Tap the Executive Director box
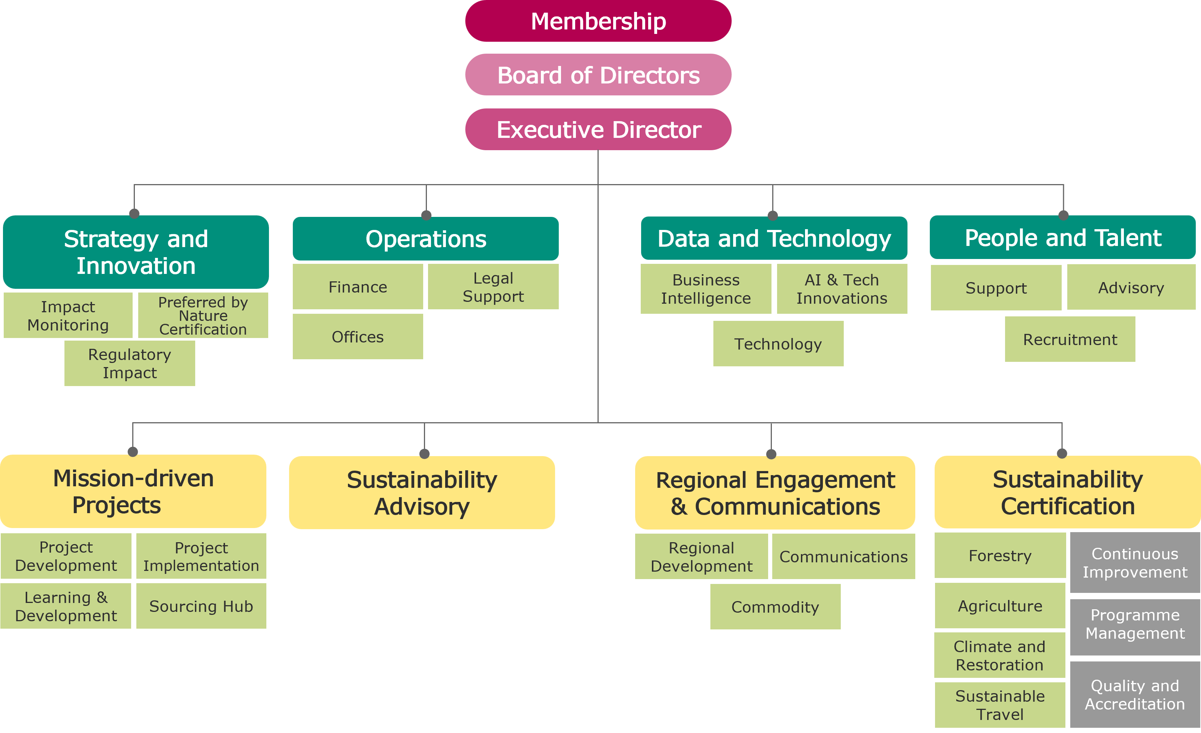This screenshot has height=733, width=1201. pos(598,129)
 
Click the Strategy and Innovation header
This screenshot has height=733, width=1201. pos(136,252)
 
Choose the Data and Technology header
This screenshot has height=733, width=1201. pos(774,238)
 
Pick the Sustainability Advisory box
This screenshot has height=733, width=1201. pos(422,493)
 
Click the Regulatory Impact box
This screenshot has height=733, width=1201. pos(130,363)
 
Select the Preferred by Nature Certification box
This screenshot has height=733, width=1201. pos(203,316)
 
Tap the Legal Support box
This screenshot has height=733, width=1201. pos(493,287)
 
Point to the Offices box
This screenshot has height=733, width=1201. pos(358,337)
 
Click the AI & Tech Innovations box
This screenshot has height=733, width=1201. pos(842,289)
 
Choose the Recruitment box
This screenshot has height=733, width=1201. pos(1070,339)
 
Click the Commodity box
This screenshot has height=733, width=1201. pos(775,607)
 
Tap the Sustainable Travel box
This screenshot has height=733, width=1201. pos(1000,705)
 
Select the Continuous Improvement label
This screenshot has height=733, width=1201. pos(1135,562)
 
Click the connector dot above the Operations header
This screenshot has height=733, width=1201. pos(427,215)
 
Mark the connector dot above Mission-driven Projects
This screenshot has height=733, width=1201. pos(133,452)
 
